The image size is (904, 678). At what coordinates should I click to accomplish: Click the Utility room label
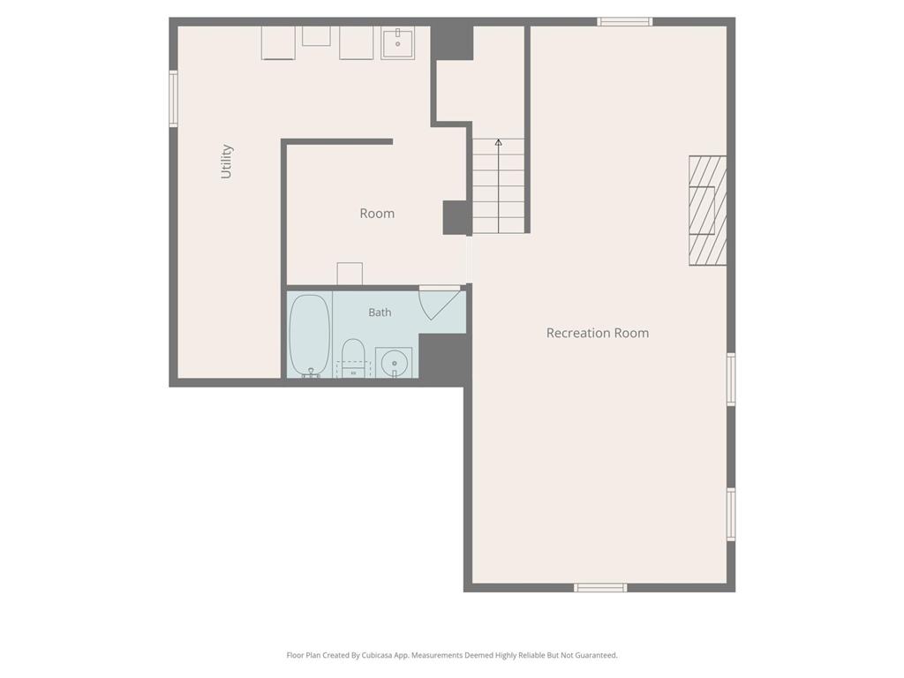(227, 162)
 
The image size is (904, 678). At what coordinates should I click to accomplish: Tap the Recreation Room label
(598, 333)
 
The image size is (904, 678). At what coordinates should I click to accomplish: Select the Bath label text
(380, 312)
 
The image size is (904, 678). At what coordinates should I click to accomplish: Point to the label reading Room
(377, 214)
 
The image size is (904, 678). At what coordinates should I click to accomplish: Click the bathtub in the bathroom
(310, 335)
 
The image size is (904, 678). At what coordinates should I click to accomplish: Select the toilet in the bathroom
(353, 358)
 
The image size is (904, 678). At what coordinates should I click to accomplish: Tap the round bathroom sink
(395, 363)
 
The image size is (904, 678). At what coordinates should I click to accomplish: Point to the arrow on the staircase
(498, 185)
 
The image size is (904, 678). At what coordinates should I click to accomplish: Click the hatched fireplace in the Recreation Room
(707, 210)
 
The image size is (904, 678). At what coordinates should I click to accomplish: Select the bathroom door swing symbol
(440, 302)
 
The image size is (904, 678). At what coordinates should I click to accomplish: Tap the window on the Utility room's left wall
(173, 98)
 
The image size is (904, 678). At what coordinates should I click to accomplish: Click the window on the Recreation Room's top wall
(624, 22)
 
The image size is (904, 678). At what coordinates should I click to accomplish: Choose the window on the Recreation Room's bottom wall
(600, 587)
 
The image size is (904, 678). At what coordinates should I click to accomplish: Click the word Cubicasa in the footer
(377, 655)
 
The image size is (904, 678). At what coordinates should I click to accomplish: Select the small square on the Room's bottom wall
(350, 274)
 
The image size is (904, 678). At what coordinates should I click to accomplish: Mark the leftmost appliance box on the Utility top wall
(278, 42)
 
